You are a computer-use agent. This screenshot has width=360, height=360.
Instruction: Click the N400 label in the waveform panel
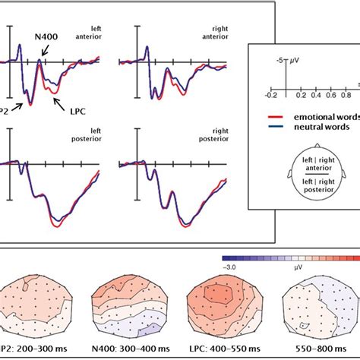click(x=46, y=35)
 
